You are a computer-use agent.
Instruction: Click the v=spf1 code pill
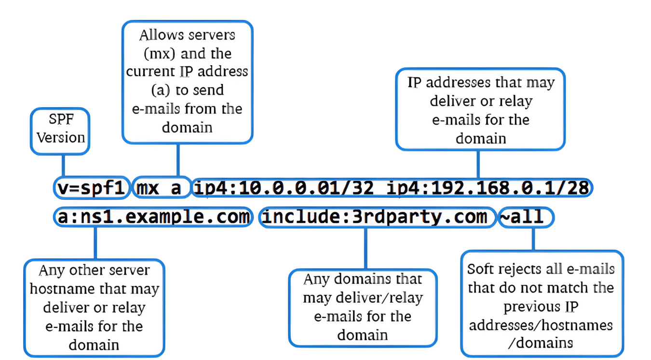click(x=92, y=188)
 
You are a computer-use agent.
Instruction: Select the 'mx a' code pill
click(x=162, y=188)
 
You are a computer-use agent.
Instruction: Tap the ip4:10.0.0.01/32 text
click(x=284, y=188)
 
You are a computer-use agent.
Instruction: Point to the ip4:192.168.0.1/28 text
click(x=488, y=188)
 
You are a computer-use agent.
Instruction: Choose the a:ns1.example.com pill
click(x=153, y=217)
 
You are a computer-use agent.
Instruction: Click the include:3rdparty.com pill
click(x=377, y=217)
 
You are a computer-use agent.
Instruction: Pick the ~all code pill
click(x=526, y=217)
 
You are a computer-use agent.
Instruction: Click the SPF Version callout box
click(x=60, y=131)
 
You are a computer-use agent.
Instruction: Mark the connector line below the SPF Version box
click(x=63, y=166)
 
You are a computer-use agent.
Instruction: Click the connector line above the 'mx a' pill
click(x=178, y=160)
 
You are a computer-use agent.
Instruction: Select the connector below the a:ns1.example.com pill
click(x=95, y=243)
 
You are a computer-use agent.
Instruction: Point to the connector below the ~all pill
click(x=533, y=239)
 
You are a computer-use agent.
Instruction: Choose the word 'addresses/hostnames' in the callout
click(x=541, y=325)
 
